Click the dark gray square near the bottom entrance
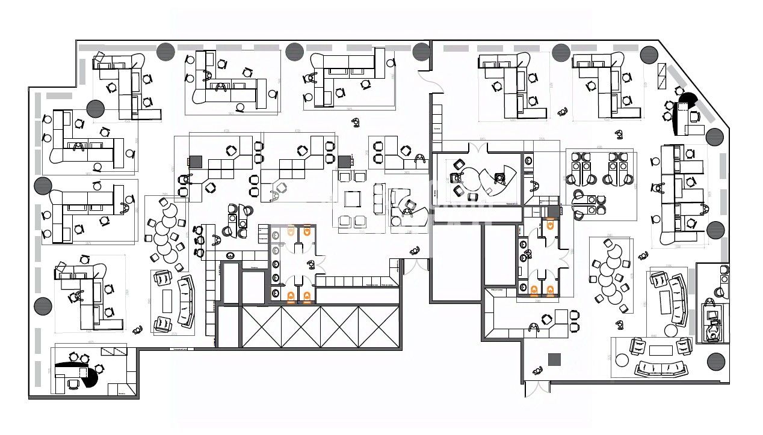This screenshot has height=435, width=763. pyautogui.click(x=554, y=359)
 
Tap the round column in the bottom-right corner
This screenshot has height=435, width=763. pyautogui.click(x=715, y=361)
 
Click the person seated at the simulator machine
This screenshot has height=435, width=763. pyautogui.click(x=714, y=328)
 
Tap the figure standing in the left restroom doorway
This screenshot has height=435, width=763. pyautogui.click(x=310, y=264)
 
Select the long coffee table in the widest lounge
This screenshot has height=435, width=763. pyautogui.click(x=660, y=351)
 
